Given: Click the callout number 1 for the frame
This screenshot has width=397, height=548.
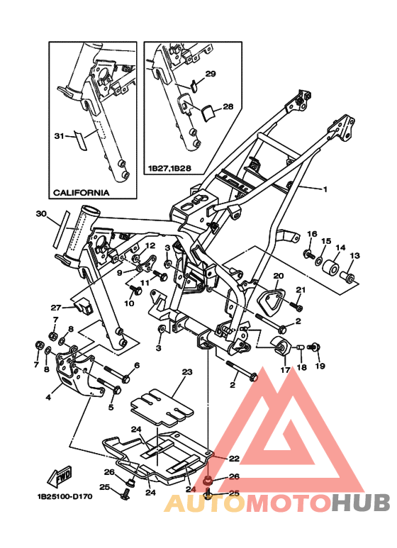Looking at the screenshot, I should tap(325, 189).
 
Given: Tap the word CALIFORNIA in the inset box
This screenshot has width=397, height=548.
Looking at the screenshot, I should tap(81, 192).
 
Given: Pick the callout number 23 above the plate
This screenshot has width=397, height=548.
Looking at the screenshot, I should tap(187, 371).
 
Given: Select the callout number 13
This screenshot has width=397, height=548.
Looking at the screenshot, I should tap(355, 255).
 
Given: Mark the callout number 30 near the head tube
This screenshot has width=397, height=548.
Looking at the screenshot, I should tap(40, 213).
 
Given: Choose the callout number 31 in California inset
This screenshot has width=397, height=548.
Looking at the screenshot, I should tap(59, 135).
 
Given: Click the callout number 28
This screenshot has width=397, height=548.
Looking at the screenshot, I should tap(228, 107).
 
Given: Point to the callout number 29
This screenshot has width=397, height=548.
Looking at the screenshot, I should tap(211, 74).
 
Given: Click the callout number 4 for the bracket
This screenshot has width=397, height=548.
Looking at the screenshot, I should tap(48, 397).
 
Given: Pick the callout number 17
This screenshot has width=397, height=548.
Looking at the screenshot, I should tap(285, 369).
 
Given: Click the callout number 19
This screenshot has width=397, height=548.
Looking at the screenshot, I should tap(320, 366).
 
